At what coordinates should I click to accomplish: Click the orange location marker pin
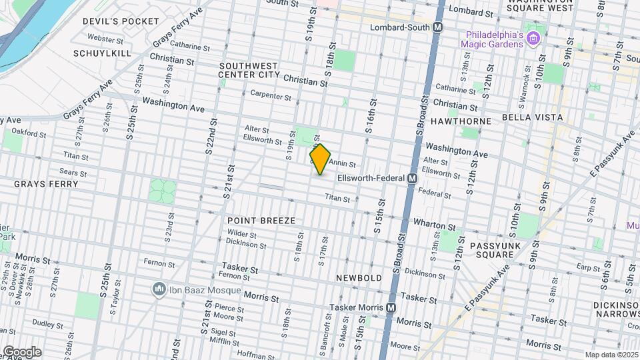coord(320,159)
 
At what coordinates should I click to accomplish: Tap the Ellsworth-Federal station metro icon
coord(412,179)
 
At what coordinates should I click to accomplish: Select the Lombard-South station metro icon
coord(438,27)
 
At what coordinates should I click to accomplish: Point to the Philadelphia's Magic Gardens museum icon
coord(532,38)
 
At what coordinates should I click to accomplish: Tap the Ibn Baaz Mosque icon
coord(159,289)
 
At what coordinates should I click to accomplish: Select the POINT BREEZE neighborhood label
coord(261,220)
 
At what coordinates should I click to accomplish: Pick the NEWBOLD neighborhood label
coord(359,277)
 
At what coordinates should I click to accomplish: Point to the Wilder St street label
coord(242,234)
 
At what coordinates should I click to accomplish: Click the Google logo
coord(21,352)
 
